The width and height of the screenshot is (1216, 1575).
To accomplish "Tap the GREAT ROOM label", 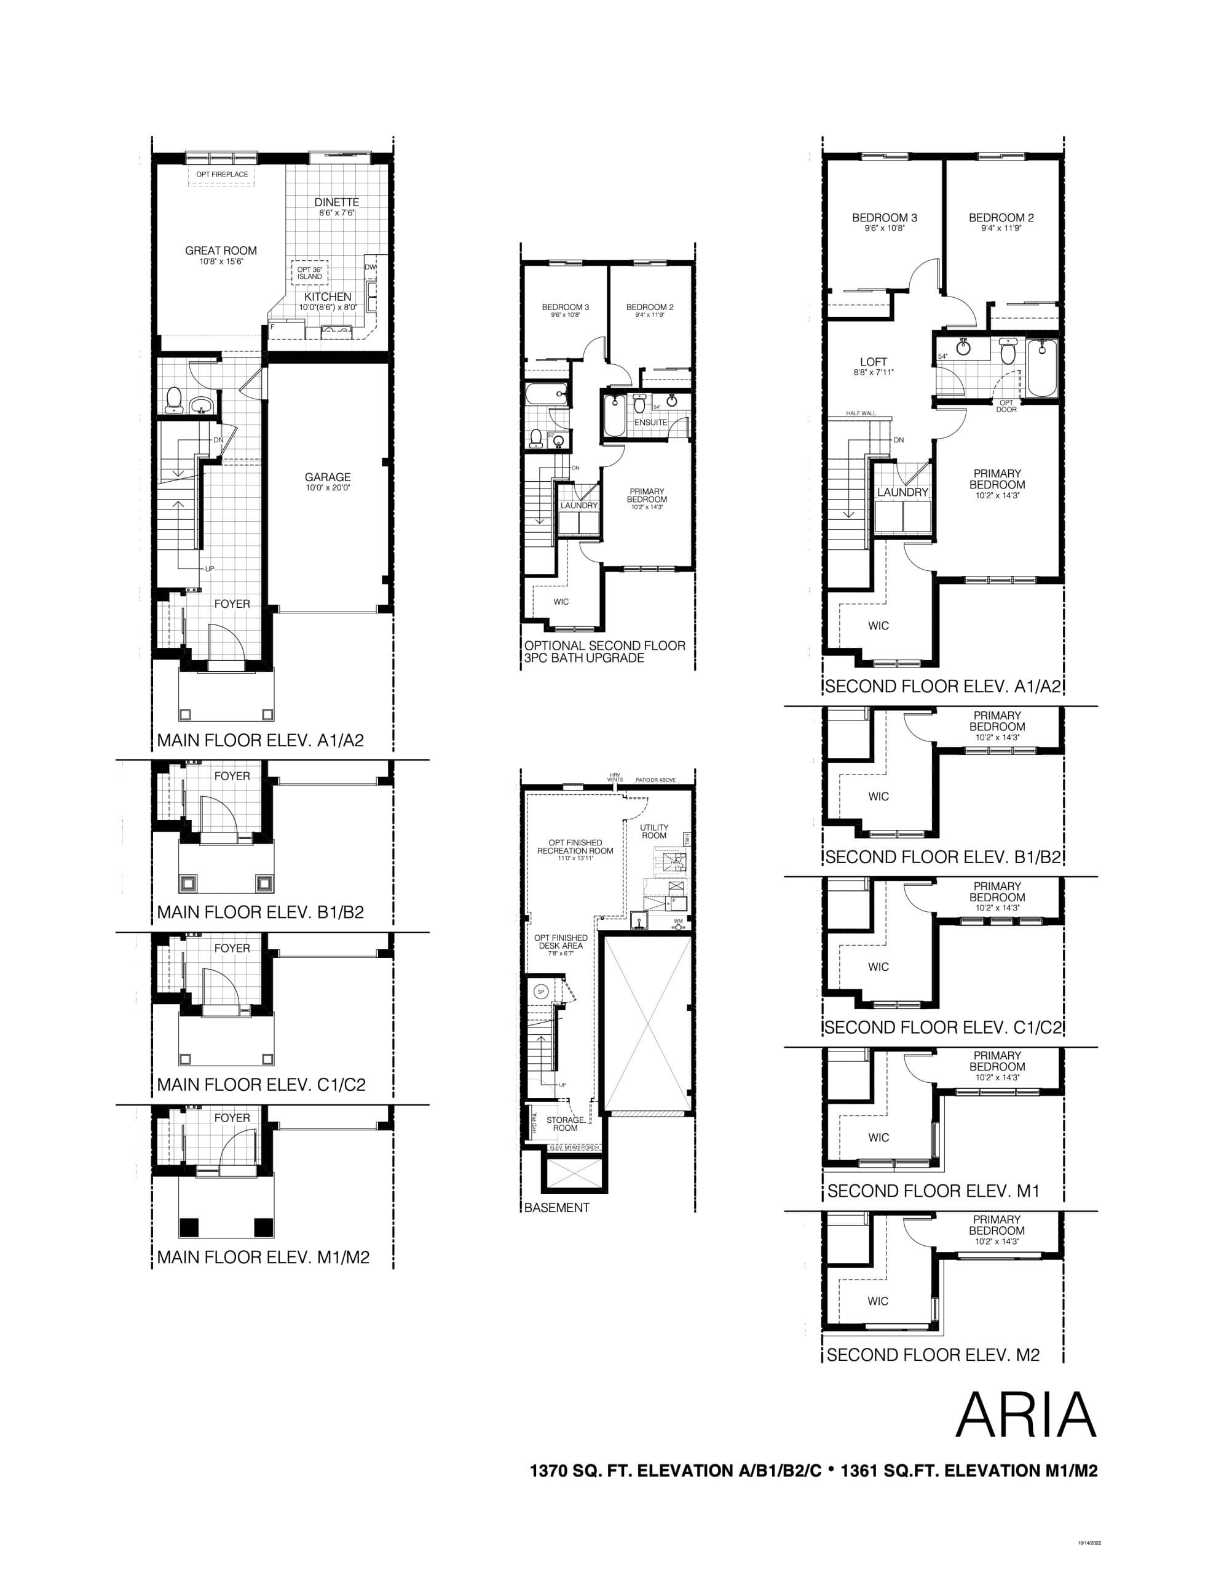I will [x=221, y=251].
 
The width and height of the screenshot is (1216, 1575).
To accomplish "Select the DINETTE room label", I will [x=337, y=202].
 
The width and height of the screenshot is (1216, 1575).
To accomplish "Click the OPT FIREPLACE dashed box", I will [x=222, y=175].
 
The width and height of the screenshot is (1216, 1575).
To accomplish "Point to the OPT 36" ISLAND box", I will [x=310, y=273].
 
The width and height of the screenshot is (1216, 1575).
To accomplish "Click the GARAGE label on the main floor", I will [x=327, y=477].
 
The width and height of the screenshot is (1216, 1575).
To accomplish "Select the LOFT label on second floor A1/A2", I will [x=874, y=362].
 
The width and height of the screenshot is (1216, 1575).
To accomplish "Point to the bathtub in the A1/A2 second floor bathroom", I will [x=1041, y=368].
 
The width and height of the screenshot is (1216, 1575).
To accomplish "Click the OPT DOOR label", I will [x=1006, y=406].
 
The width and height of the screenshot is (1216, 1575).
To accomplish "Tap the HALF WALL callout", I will [x=861, y=413].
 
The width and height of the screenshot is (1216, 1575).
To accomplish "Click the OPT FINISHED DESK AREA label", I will [x=561, y=942].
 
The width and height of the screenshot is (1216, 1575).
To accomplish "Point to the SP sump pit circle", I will [x=542, y=992].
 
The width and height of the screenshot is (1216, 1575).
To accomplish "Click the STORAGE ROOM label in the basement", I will [x=565, y=1123].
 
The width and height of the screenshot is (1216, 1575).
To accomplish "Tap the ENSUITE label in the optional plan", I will [x=650, y=423].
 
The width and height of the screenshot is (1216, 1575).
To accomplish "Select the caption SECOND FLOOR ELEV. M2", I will [x=933, y=1355].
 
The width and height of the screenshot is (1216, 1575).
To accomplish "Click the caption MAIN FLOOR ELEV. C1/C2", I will [x=261, y=1085].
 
